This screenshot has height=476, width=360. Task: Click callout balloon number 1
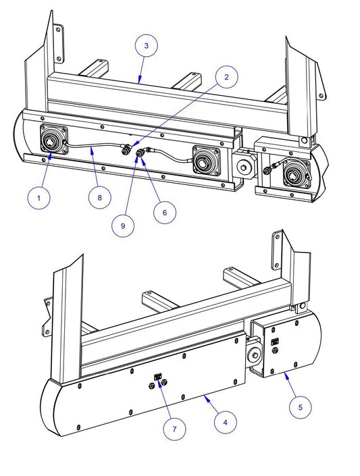[38, 198]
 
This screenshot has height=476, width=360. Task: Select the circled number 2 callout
[226, 77]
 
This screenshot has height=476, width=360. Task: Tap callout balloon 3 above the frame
[147, 45]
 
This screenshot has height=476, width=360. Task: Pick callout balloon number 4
[225, 422]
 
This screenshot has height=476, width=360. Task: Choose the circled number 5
[300, 407]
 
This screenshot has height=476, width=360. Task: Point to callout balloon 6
[165, 213]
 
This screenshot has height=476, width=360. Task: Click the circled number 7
[174, 429]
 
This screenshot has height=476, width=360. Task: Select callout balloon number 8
[100, 198]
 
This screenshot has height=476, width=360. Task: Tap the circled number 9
[123, 226]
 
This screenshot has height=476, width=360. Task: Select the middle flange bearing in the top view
[206, 161]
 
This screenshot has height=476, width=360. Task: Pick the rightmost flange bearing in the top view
[297, 172]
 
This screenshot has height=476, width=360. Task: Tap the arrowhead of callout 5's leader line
[286, 375]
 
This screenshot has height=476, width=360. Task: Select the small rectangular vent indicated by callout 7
[158, 377]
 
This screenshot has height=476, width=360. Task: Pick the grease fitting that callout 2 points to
[125, 149]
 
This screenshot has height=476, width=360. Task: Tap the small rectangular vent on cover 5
[275, 342]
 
